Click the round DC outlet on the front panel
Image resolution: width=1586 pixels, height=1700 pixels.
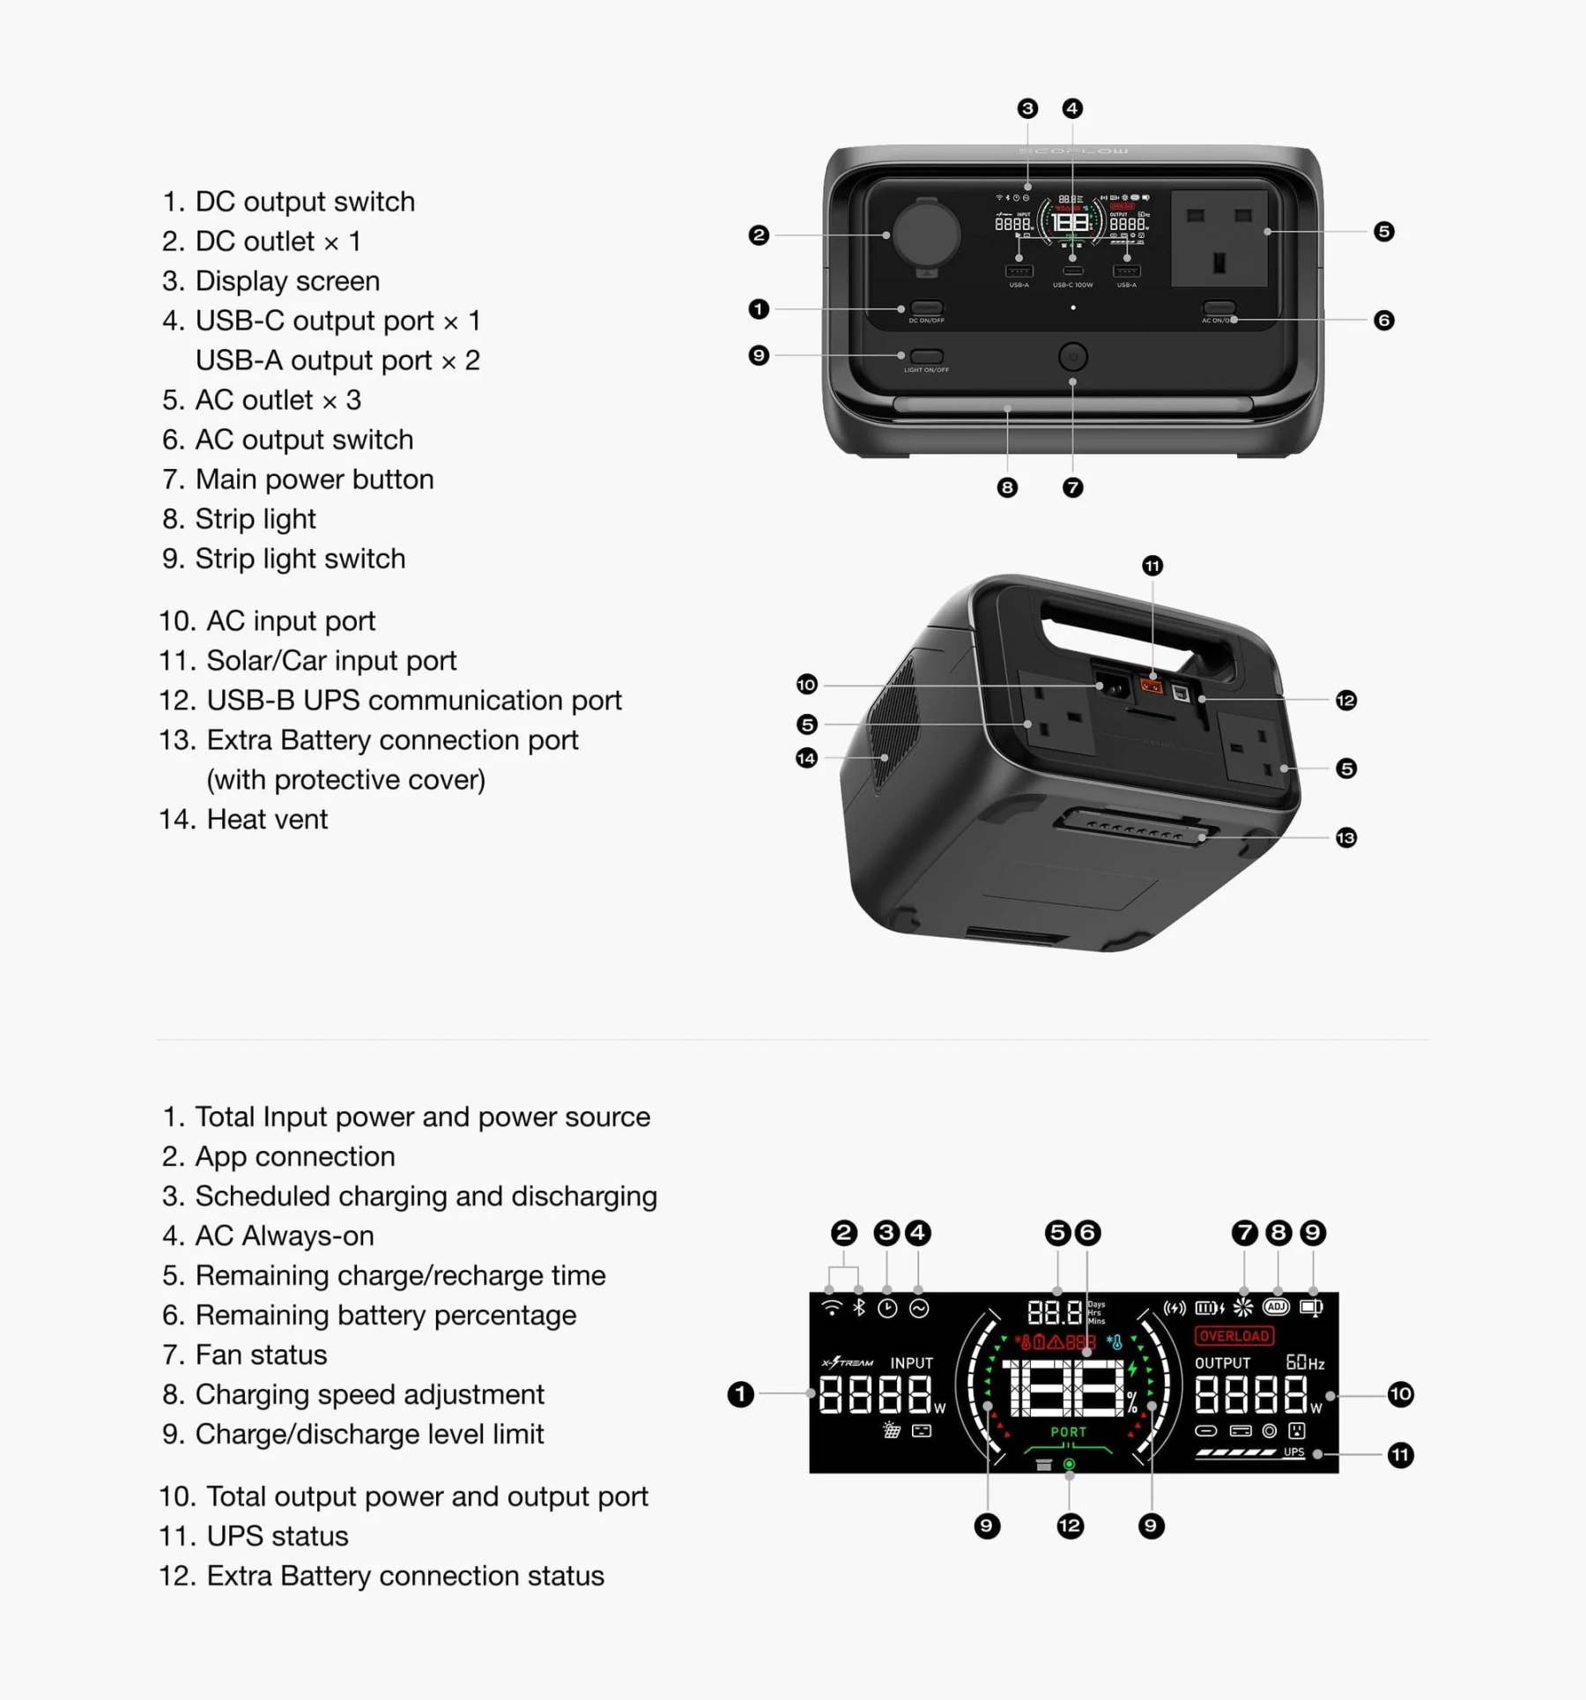point(925,234)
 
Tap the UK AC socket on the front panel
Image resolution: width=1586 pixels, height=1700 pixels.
point(1219,238)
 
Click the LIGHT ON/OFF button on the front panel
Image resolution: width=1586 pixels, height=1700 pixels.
point(926,356)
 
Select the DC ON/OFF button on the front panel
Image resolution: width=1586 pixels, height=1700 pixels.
point(926,308)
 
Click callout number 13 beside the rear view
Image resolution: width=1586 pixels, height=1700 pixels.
point(1345,837)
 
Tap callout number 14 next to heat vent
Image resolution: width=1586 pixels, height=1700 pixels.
point(806,758)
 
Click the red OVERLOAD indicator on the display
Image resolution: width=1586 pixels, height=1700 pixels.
point(1234,1336)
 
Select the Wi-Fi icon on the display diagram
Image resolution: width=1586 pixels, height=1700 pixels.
point(831,1308)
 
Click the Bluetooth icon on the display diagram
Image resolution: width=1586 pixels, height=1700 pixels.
point(859,1308)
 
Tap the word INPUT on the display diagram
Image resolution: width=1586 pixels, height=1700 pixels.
point(911,1363)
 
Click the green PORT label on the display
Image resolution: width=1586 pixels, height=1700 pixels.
point(1068,1432)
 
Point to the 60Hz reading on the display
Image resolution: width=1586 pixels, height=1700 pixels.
point(1305,1362)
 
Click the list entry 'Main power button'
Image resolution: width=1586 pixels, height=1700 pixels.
point(314,479)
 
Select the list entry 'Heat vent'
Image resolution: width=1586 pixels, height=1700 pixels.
point(266,820)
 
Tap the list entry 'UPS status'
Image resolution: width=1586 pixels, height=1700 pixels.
point(277,1536)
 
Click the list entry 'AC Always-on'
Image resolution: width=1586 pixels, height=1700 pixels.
point(284,1236)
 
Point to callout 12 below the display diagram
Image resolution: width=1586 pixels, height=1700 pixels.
point(1070,1526)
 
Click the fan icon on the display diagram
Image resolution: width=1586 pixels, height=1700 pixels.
point(1243,1307)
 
